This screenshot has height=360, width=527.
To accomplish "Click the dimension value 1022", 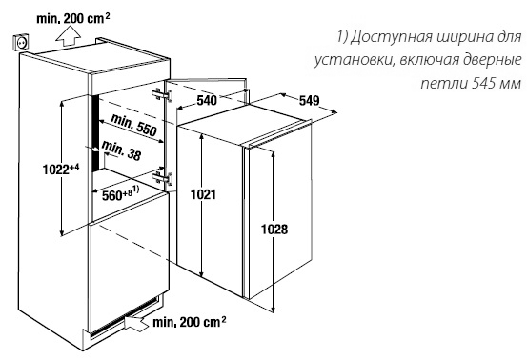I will pyautogui.click(x=32, y=170).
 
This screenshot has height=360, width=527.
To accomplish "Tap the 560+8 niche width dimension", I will pyautogui.click(x=121, y=195).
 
